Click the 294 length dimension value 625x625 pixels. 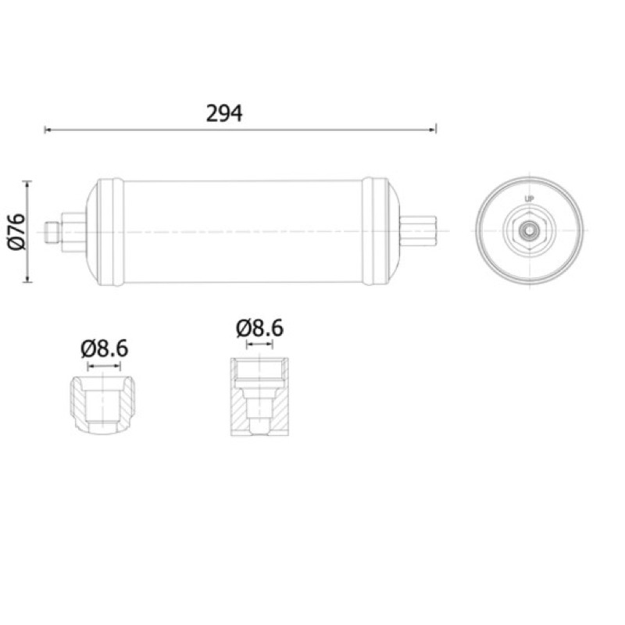coord(224,113)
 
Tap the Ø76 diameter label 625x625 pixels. coord(16,231)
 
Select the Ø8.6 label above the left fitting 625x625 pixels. coord(105,348)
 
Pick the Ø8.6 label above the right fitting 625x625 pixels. coord(259,328)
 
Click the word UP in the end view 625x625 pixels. coord(530,199)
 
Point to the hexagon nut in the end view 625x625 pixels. coord(530,230)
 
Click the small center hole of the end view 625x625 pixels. coord(530,230)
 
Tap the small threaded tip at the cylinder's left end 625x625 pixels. coord(52,232)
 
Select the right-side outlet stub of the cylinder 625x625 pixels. coord(418,231)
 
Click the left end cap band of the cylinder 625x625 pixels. coord(110,231)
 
